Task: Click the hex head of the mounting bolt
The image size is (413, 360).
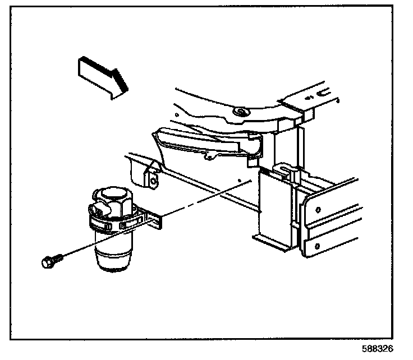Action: click(x=48, y=262)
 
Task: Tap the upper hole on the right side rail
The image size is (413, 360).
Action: click(x=318, y=210)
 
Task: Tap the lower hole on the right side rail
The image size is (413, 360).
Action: click(x=318, y=246)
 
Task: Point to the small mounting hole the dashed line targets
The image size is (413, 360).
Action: click(x=240, y=182)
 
